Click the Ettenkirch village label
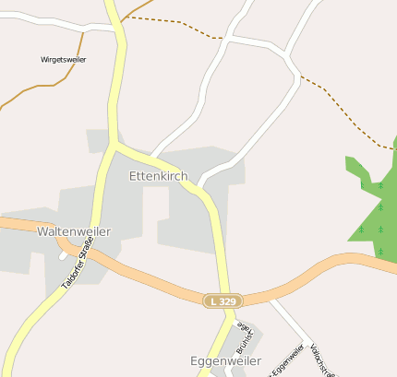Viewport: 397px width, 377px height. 158,175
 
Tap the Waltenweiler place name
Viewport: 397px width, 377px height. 74,231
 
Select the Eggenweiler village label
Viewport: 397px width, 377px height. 225,360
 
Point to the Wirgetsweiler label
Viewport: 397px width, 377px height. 65,59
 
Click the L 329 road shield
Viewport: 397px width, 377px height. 223,300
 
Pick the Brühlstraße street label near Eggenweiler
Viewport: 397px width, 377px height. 244,337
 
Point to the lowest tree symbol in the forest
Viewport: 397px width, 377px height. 380,251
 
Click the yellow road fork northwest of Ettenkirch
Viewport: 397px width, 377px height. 114,144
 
